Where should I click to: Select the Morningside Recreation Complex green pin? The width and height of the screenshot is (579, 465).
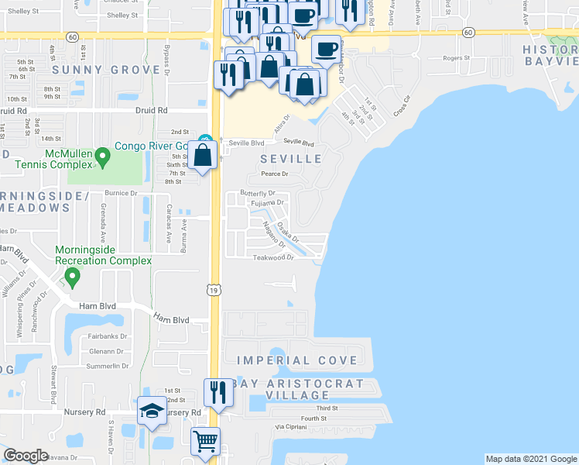pos(73,276)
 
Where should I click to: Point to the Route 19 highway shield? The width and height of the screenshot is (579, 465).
pos(215,289)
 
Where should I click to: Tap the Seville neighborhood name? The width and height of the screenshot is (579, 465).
pos(290,159)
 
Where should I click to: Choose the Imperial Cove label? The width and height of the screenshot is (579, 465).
pos(297,360)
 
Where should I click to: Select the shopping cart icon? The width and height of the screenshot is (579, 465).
pos(206,443)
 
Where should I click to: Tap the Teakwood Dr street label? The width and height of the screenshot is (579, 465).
pos(273,259)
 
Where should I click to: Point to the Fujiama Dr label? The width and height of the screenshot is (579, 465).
pos(269,203)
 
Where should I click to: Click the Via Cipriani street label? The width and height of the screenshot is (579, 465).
pos(292,428)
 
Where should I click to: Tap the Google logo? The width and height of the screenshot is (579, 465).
pos(26,456)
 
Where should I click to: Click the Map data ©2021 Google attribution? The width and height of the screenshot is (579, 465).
pos(530,459)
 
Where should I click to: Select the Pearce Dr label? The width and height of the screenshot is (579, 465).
pos(275,174)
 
